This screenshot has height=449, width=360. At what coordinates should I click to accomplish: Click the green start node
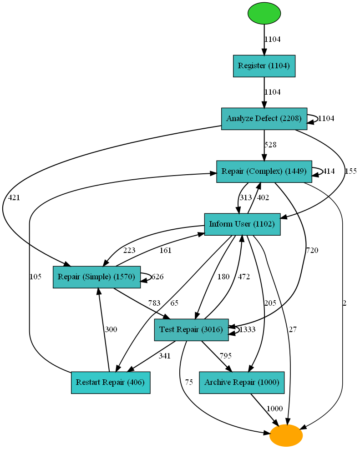[x=264, y=13]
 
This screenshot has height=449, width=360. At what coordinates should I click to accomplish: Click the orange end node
[x=286, y=435]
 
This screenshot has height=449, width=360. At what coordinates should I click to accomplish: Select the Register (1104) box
[x=264, y=66]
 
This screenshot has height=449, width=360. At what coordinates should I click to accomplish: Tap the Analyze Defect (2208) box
[x=264, y=119]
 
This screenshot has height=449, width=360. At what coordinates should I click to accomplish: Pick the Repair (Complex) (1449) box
[x=264, y=172]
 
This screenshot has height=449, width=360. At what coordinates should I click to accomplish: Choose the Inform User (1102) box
[x=242, y=224]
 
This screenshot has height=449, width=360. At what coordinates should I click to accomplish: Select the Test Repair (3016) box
[x=191, y=330]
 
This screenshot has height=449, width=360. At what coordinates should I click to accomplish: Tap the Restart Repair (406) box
[x=111, y=383]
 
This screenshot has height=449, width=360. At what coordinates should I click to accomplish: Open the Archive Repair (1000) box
[x=242, y=383]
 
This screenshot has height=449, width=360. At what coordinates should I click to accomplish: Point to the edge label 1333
[x=248, y=330]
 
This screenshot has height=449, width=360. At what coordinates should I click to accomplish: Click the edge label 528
[x=270, y=145]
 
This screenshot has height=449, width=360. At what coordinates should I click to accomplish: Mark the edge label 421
[x=14, y=197]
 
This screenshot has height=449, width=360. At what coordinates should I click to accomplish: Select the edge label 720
[x=312, y=250]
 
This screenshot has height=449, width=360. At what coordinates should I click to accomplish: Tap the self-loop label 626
[x=157, y=277]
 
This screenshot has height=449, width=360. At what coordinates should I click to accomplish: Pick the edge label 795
[x=226, y=356]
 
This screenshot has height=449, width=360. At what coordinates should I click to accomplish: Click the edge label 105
[x=35, y=277]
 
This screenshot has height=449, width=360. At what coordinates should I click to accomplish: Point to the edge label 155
[x=350, y=172]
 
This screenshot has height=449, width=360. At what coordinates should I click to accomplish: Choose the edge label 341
[x=164, y=356]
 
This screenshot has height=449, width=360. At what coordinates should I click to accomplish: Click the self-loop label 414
[x=329, y=172]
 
